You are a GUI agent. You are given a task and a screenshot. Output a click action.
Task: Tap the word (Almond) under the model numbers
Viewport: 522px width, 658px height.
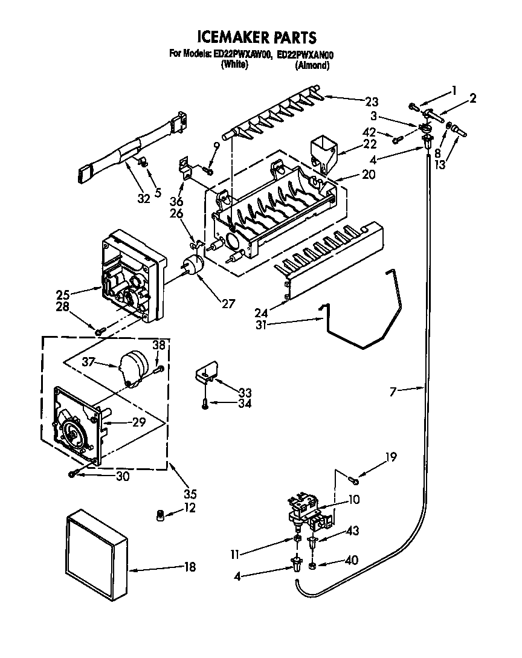312,65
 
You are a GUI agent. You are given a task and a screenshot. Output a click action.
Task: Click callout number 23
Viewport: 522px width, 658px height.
372,101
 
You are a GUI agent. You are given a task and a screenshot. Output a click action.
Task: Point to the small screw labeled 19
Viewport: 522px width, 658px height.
353,480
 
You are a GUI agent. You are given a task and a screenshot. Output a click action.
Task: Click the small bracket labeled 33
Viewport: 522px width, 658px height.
205,375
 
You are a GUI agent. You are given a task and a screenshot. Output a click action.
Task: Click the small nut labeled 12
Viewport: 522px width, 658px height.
160,515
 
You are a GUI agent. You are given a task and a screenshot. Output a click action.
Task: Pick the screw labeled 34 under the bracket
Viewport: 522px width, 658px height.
205,404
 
